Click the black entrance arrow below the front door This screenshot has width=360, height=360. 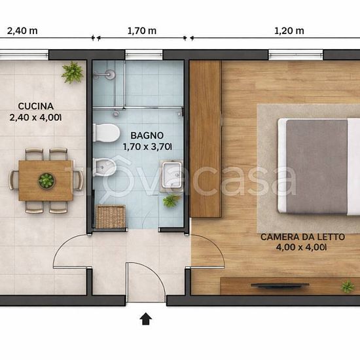tap(146, 319)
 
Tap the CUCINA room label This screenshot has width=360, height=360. tap(36, 106)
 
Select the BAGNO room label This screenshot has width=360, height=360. tap(147, 135)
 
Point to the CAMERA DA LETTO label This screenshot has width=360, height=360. tap(302, 237)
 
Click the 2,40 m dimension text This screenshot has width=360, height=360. tap(22, 31)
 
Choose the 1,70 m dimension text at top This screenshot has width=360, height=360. tap(142, 31)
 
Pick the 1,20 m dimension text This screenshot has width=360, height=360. tap(289, 31)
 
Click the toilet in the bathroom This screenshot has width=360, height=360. tap(107, 133)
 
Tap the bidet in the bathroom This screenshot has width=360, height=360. tap(105, 168)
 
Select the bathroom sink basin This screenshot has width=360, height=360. tap(171, 175)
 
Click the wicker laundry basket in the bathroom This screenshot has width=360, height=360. tap(111, 217)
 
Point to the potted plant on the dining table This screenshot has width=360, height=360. tap(46, 181)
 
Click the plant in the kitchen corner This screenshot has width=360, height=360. tap(72, 73)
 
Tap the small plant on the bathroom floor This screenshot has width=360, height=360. tap(171, 200)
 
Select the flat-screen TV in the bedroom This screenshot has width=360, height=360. tap(280, 285)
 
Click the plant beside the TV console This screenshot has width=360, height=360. tap(348, 286)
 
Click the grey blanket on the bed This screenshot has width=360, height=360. tap(317, 166)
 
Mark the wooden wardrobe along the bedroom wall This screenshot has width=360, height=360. tap(206, 139)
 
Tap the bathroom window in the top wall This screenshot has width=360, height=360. tap(144, 55)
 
